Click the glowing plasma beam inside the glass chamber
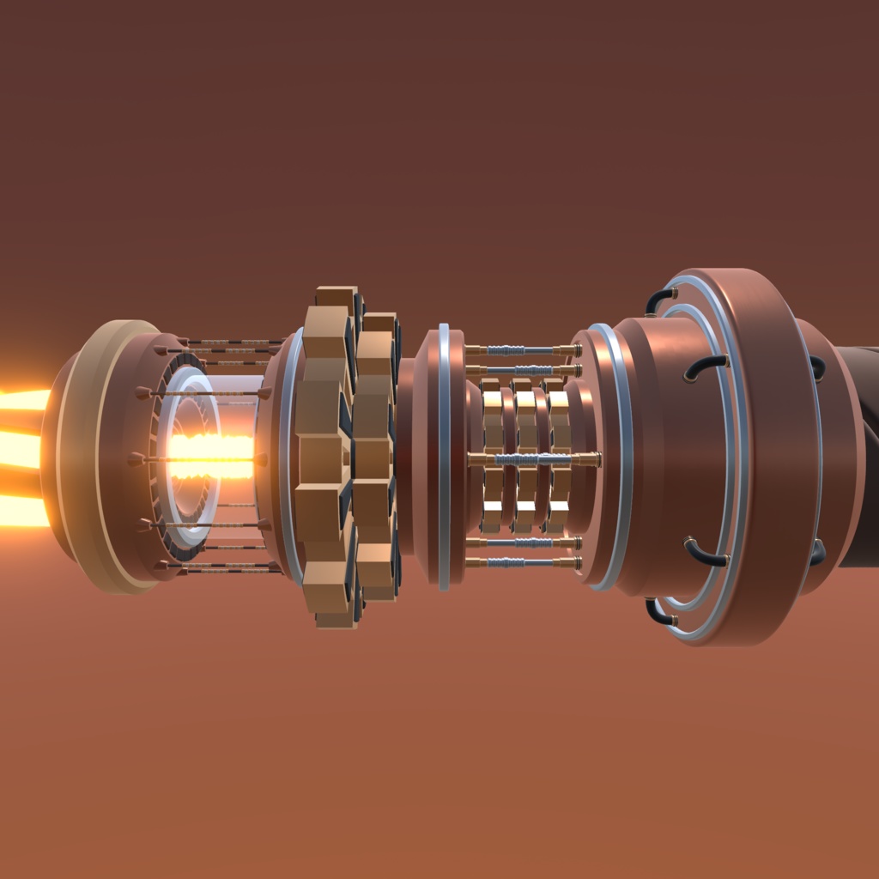click(210, 457)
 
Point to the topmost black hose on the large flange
click(659, 298)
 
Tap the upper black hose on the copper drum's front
click(705, 367)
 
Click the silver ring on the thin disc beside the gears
click(444, 455)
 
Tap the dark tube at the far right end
click(861, 455)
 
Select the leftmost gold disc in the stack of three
click(492, 455)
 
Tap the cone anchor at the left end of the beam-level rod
click(136, 459)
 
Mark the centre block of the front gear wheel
click(322, 459)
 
